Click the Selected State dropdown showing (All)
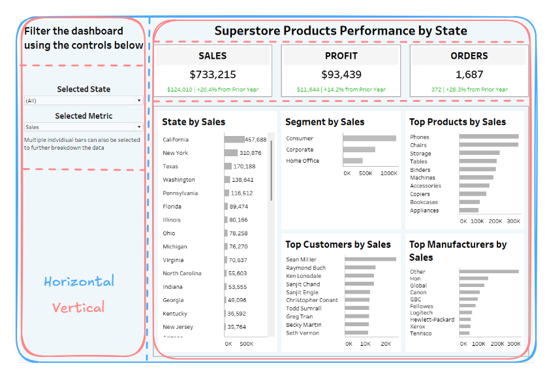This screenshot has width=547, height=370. coord(84,101)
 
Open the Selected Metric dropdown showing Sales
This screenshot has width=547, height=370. coord(84,127)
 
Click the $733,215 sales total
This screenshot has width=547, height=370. coord(213,75)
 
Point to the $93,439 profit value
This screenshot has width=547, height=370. coord(341,75)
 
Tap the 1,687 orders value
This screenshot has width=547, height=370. coord(469,75)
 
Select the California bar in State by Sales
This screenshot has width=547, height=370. coord(234,139)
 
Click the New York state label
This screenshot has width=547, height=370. coord(176,153)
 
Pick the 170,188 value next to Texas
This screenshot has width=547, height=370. coord(243,167)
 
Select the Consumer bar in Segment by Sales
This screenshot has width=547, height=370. coord(369,139)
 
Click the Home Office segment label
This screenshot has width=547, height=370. coord(302,161)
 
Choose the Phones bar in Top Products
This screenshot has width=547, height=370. coord(489,137)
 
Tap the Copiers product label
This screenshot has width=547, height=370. coord(420,194)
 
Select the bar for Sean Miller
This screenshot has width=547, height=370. coord(370,260)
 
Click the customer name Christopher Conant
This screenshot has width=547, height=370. coord(312,300)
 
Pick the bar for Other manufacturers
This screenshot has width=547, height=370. coord(489,271)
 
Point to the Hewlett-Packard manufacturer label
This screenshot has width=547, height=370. coord(431,320)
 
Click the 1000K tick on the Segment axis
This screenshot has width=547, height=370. coord(389,173)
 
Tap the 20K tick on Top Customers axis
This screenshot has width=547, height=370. coord(386,343)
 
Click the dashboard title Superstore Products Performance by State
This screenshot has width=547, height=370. coord(340,31)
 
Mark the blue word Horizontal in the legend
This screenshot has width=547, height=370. coord(79,282)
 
